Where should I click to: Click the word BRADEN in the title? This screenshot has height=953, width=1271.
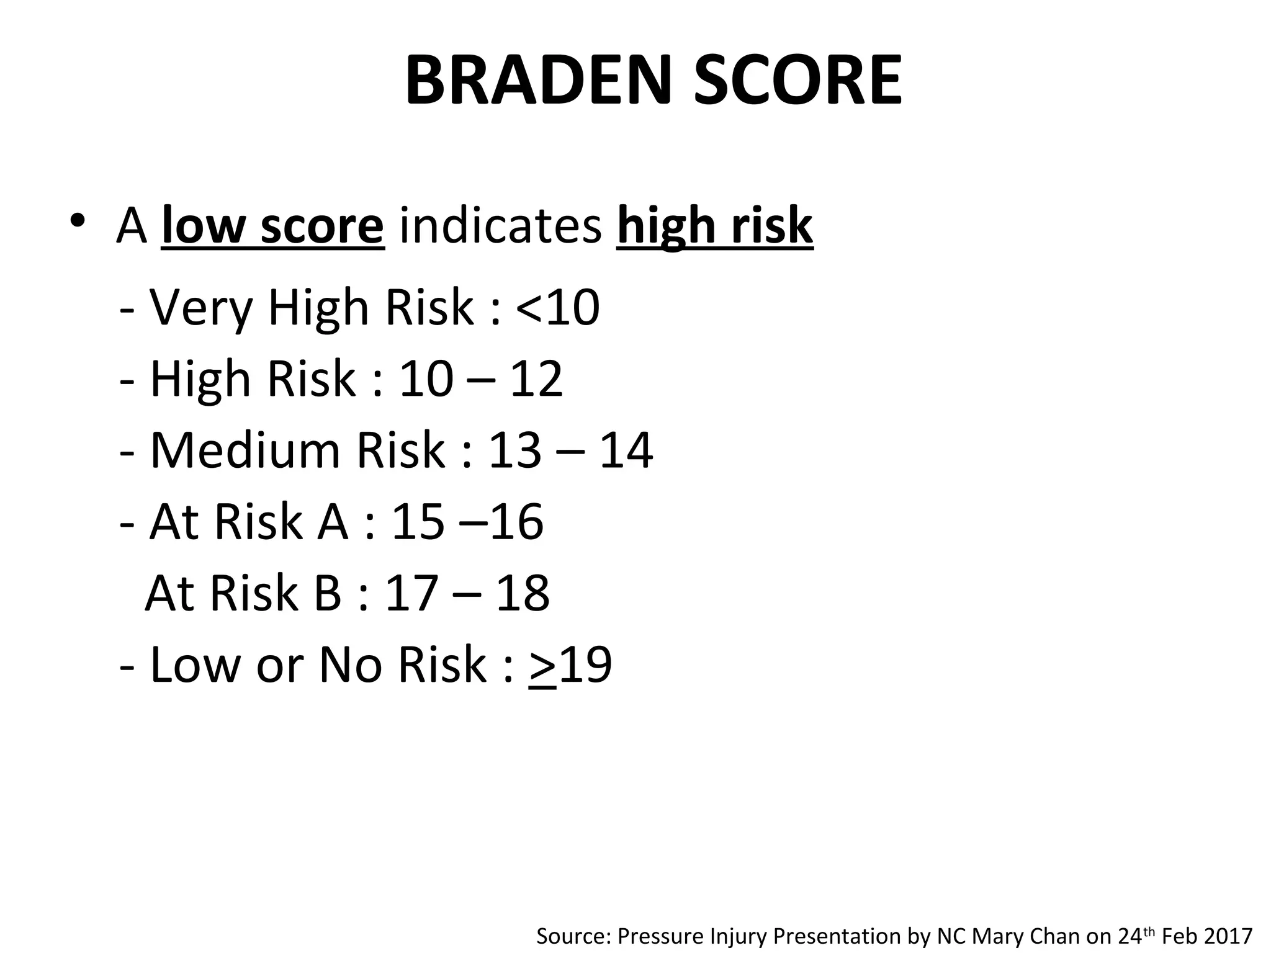(539, 81)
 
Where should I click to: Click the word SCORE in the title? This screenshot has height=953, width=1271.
(797, 81)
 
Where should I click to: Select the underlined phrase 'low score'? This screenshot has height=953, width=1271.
(272, 226)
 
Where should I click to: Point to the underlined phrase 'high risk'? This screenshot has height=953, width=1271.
(714, 226)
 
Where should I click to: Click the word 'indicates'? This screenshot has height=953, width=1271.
(500, 226)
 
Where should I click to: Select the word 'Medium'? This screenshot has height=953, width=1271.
(245, 450)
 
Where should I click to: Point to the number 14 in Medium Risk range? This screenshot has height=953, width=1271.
(626, 450)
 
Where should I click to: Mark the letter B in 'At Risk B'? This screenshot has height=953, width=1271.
(328, 593)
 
